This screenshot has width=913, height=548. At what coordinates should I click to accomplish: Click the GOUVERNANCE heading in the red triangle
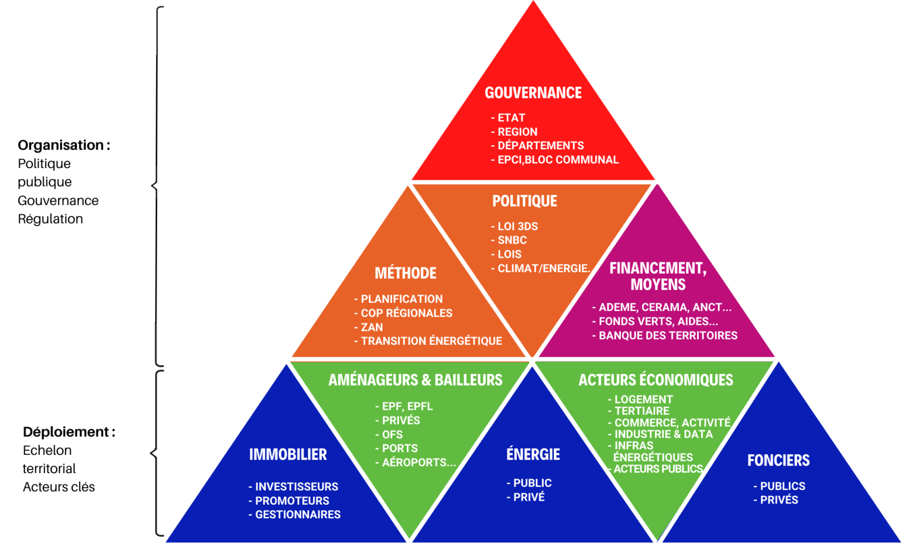(533, 93)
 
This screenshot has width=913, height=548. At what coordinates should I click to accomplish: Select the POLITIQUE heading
(524, 201)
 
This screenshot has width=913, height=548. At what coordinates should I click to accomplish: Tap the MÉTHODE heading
(405, 273)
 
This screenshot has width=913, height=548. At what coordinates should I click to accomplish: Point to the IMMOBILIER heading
(288, 454)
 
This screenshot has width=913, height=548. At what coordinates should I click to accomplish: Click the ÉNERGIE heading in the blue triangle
(533, 454)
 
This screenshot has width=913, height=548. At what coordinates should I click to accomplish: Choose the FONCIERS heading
(778, 461)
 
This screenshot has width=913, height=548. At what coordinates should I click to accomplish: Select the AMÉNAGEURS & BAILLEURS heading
(415, 381)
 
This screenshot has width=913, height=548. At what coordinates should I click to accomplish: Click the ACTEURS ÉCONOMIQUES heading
(655, 381)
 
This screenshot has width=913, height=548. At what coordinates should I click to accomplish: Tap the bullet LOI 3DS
(517, 227)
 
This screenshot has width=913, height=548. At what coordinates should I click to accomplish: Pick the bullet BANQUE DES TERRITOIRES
(667, 335)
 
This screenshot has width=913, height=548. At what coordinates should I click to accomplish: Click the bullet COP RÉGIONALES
(406, 313)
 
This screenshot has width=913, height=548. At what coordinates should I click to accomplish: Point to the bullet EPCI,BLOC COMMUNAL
(557, 160)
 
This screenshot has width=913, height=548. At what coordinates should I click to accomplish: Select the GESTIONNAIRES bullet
(297, 515)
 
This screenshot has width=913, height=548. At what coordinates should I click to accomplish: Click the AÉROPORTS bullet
(418, 463)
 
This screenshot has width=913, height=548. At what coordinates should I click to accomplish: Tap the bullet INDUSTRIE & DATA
(663, 434)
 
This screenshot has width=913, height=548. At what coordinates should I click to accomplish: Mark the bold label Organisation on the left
(61, 145)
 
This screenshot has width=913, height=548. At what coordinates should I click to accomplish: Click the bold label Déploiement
(66, 432)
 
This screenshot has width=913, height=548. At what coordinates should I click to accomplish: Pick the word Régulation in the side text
(50, 219)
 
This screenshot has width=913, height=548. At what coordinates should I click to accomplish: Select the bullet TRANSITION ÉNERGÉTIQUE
(431, 341)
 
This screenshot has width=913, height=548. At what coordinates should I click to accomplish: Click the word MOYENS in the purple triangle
(658, 285)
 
